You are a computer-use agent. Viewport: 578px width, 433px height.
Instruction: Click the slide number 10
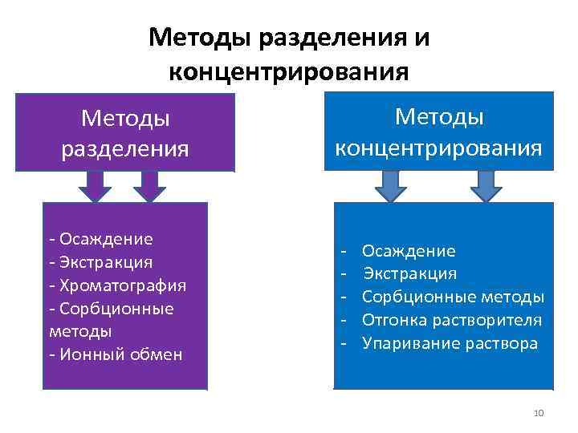[538, 413]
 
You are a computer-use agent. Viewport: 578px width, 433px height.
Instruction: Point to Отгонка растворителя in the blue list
[452, 321]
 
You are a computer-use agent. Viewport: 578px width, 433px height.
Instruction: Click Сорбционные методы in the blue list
[453, 297]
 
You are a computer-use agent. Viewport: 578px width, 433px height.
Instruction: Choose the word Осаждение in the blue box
[409, 252]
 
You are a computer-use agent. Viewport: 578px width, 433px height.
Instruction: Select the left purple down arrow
[96, 186]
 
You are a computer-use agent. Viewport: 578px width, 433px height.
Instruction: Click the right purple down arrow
[149, 186]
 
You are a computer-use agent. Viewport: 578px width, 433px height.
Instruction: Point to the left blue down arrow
[389, 186]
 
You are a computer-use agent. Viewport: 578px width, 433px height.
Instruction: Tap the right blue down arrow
[486, 186]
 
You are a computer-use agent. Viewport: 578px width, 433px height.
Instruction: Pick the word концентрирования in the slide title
[288, 73]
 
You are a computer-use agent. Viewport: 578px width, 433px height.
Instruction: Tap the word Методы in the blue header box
[439, 118]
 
